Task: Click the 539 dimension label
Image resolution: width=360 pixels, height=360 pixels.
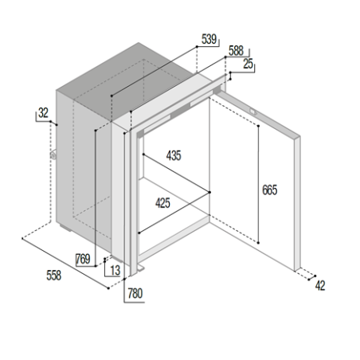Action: [209, 39]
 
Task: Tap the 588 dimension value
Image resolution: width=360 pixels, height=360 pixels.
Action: [236, 51]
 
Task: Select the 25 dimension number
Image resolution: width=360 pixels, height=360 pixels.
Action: [248, 64]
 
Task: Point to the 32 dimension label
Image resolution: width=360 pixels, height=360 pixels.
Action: [43, 113]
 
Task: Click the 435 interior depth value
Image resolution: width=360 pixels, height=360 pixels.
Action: [174, 155]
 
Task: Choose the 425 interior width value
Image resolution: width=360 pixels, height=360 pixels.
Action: [162, 203]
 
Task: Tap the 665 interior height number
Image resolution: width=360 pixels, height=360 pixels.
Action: [269, 190]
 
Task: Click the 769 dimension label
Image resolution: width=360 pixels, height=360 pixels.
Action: [83, 259]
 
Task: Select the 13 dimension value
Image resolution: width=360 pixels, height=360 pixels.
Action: [115, 271]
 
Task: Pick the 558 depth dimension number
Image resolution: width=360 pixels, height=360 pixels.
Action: [54, 276]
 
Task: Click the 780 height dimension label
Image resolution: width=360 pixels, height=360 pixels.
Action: [135, 294]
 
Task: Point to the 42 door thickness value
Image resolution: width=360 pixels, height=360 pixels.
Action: [320, 286]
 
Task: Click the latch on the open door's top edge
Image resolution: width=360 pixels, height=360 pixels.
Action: [252, 112]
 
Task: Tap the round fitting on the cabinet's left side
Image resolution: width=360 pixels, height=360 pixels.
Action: [53, 155]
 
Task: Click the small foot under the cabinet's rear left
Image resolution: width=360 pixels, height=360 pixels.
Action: [65, 228]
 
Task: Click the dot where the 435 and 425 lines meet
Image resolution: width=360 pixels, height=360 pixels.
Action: [209, 192]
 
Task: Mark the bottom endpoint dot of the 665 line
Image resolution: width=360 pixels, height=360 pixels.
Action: [258, 243]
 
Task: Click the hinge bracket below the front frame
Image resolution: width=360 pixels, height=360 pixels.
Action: [141, 268]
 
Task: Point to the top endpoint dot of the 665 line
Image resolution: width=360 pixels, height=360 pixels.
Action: [258, 126]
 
